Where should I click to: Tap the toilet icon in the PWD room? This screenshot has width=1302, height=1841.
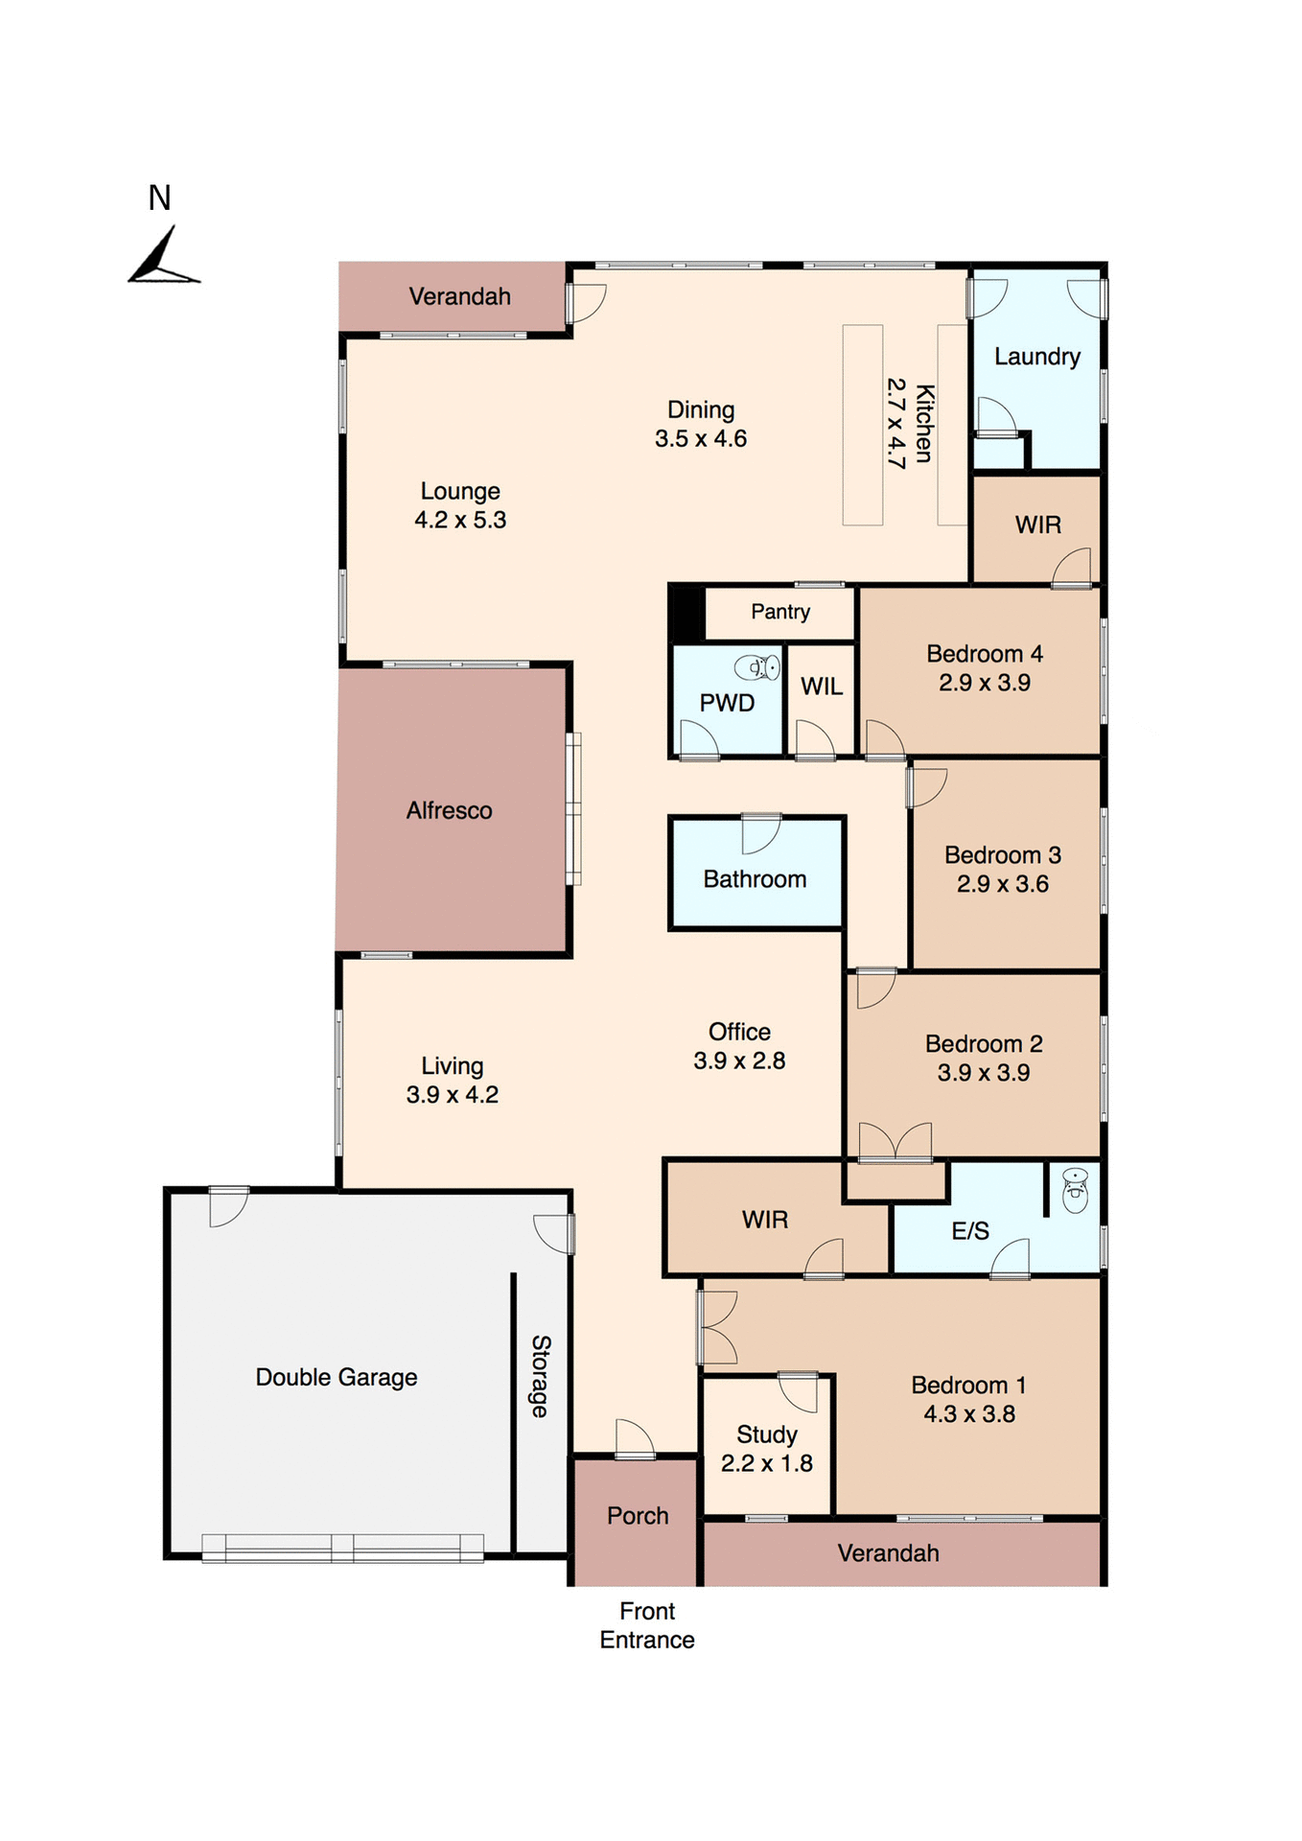point(758,666)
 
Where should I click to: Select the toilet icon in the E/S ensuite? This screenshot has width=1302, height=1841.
point(1075,1192)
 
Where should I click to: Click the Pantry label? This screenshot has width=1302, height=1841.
point(780,612)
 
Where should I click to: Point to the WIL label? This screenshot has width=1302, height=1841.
point(822,687)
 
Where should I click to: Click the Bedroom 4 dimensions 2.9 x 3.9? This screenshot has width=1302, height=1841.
point(985,683)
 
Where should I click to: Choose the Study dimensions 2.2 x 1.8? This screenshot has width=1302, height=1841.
point(766,1463)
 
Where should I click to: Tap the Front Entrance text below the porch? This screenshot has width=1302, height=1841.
point(647,1625)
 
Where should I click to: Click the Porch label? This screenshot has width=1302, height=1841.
point(638,1516)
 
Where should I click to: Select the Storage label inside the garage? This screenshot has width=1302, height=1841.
point(541,1376)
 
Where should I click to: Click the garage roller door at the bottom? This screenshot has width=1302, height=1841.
point(342,1548)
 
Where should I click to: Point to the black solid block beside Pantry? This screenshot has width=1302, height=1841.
point(686,613)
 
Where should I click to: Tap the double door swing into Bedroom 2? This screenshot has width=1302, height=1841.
point(895,1142)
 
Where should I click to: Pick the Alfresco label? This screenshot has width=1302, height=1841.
point(449,811)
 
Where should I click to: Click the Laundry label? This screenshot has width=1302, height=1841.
point(1037,357)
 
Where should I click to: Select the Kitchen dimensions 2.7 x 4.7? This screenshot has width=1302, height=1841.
point(895,423)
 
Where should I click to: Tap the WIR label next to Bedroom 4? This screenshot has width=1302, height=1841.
point(1038,525)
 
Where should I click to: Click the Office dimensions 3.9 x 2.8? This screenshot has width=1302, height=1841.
point(739,1061)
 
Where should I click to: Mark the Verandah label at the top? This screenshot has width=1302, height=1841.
point(459,296)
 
